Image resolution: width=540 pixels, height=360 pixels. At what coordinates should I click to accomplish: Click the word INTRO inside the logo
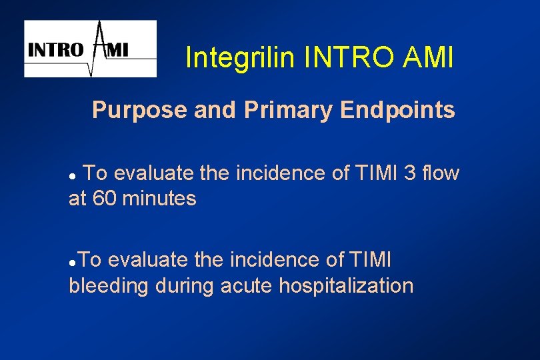click(x=55, y=50)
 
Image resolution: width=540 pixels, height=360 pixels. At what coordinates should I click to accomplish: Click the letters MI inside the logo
click(x=118, y=50)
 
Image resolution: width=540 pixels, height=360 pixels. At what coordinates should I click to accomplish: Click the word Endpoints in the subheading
click(x=398, y=110)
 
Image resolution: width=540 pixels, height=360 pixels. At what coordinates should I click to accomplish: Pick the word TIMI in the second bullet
click(x=368, y=260)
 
